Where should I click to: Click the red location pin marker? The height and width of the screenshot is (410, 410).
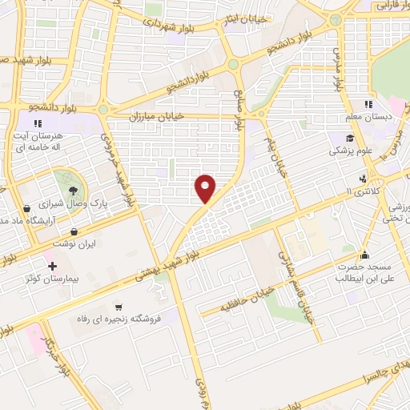coord(206,189)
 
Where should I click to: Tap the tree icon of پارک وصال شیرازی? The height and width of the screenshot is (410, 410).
coord(73,189)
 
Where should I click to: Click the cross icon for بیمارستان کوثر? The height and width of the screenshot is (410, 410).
coord(53,266)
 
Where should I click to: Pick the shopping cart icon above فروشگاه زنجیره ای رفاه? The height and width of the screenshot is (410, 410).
coord(119,306)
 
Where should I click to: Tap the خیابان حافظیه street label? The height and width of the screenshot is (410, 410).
coord(248,297)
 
